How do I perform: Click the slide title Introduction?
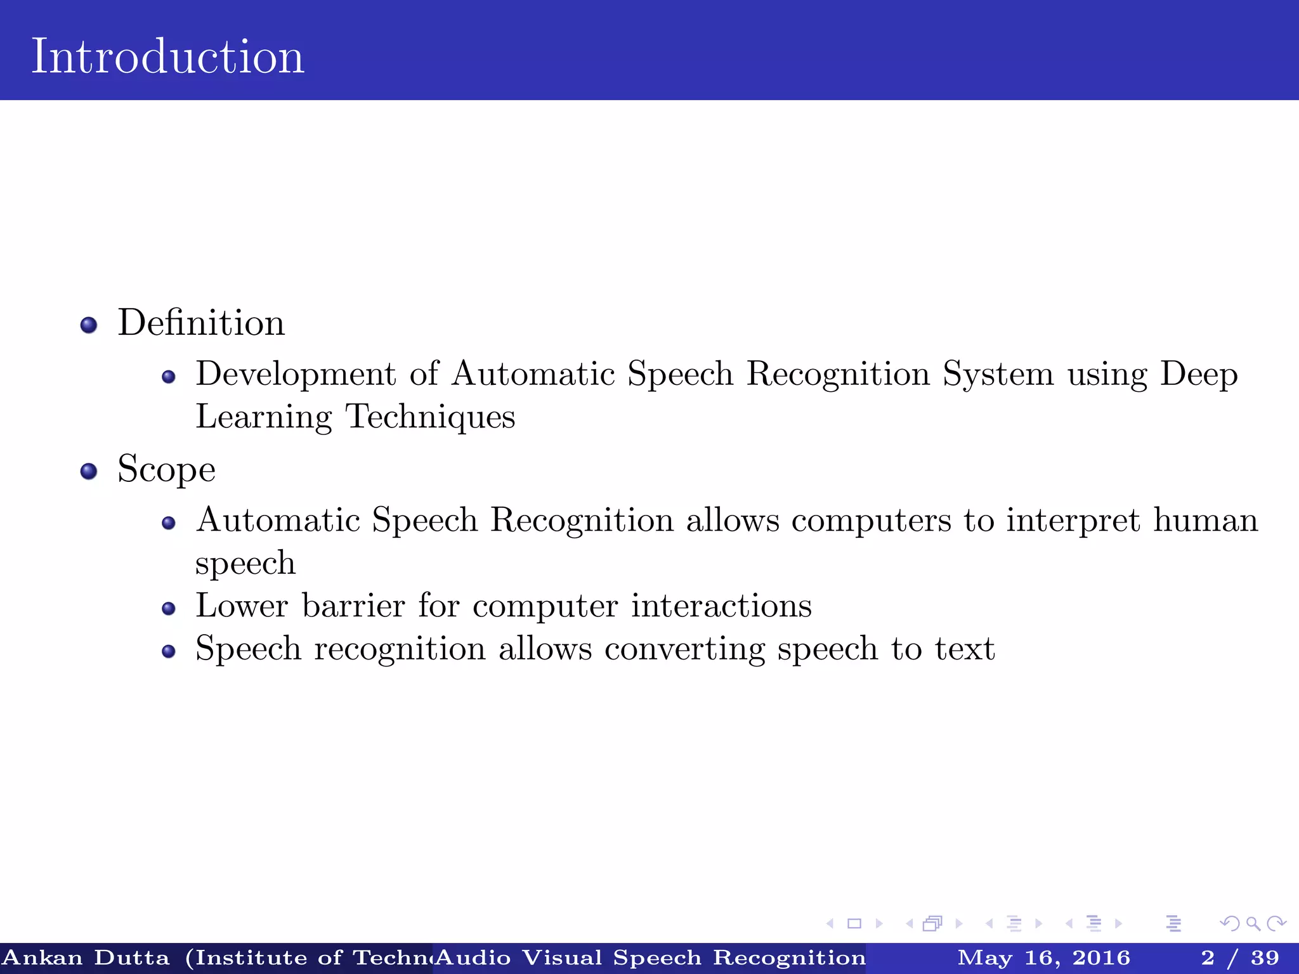[x=167, y=56]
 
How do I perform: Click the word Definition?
[x=201, y=323]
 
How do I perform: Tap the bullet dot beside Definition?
[x=89, y=325]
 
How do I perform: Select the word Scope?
[x=166, y=470]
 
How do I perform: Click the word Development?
[x=296, y=373]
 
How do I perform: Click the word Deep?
[x=1199, y=375]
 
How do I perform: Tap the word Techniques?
[x=430, y=417]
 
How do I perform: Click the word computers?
[x=871, y=521]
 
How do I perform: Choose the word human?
[x=1205, y=520]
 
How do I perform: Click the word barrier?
[x=353, y=606]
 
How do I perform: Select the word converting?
[x=684, y=649]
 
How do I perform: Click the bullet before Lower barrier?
[x=168, y=609]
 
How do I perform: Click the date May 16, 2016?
[x=1043, y=958]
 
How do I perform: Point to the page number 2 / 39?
[x=1239, y=958]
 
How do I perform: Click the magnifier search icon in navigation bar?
[x=1253, y=924]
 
